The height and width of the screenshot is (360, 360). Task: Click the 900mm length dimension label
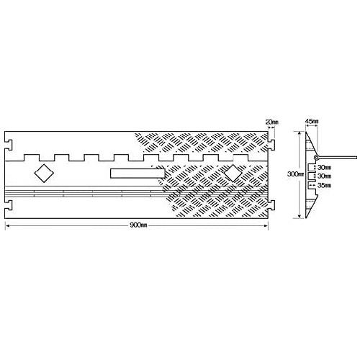click(x=138, y=225)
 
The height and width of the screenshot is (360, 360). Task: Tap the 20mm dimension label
click(x=271, y=122)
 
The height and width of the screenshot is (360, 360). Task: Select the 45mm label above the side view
click(x=312, y=122)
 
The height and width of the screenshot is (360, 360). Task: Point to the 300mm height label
click(x=296, y=174)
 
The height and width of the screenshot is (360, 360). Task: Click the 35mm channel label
click(x=324, y=185)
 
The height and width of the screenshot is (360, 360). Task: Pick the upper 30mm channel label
click(x=324, y=167)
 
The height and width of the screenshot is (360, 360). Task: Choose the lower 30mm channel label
click(x=324, y=176)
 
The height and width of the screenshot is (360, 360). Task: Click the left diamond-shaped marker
click(x=44, y=173)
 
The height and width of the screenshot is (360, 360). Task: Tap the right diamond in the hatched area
click(x=233, y=173)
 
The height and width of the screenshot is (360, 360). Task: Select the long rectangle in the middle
click(x=138, y=174)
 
